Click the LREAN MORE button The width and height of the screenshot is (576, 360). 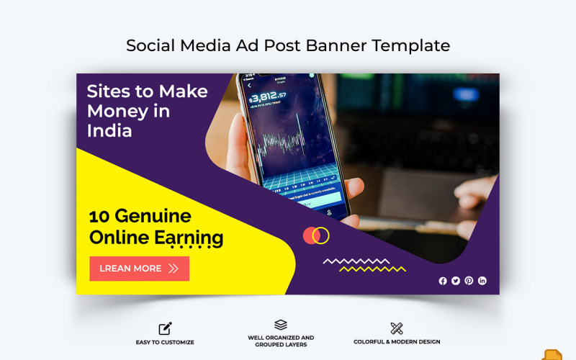[139, 269]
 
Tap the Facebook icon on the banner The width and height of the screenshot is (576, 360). [443, 281]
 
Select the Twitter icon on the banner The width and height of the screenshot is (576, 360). [456, 281]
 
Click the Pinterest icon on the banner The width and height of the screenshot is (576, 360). [469, 281]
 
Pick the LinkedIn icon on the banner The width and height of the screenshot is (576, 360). [482, 281]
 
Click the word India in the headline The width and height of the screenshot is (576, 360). [109, 131]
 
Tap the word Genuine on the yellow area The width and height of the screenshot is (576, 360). [153, 216]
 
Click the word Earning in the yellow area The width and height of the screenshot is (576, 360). [188, 238]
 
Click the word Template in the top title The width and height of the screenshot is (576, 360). [410, 45]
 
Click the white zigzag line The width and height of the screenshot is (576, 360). [356, 261]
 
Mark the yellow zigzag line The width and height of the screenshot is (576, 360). [372, 269]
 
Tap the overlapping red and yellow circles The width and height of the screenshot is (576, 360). [316, 235]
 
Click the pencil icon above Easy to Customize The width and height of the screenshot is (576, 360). [165, 328]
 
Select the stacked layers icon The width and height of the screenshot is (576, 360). [281, 325]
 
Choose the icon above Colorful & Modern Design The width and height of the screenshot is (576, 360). [397, 328]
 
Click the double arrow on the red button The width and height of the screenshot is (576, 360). [174, 269]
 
